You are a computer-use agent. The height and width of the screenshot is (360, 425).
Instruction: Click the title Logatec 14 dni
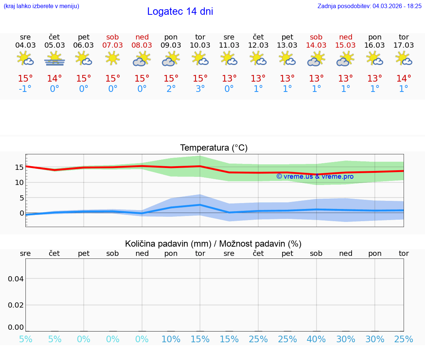click(x=180, y=11)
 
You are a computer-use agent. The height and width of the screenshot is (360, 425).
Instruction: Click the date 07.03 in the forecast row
click(x=113, y=45)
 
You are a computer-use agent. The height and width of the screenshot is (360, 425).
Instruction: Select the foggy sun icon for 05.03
click(x=55, y=58)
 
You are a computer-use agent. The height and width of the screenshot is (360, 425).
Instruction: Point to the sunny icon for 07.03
click(x=113, y=58)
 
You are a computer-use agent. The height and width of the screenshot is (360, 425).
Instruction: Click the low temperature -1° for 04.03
click(x=25, y=89)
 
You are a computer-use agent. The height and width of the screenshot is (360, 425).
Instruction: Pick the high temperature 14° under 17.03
click(x=404, y=78)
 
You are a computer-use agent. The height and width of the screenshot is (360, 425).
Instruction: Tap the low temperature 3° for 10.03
click(x=200, y=89)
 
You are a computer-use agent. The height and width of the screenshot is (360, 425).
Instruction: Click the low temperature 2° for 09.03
click(x=171, y=89)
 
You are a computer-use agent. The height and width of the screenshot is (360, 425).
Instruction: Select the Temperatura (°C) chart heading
click(x=214, y=148)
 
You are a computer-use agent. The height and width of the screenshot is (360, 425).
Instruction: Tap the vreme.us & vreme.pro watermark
click(x=315, y=176)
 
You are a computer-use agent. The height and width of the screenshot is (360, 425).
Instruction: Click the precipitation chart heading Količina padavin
click(x=213, y=244)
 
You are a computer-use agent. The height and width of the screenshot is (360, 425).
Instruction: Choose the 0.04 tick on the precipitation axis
click(x=16, y=278)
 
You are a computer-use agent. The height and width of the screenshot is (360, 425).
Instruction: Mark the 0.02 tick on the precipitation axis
click(x=16, y=305)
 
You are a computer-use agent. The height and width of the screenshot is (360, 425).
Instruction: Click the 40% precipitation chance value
click(x=316, y=339)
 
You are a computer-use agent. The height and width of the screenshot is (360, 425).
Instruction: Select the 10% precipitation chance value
click(x=171, y=339)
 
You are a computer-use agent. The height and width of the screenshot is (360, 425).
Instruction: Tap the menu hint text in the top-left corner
click(x=41, y=6)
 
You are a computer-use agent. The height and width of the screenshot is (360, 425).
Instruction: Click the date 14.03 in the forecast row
click(x=316, y=45)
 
